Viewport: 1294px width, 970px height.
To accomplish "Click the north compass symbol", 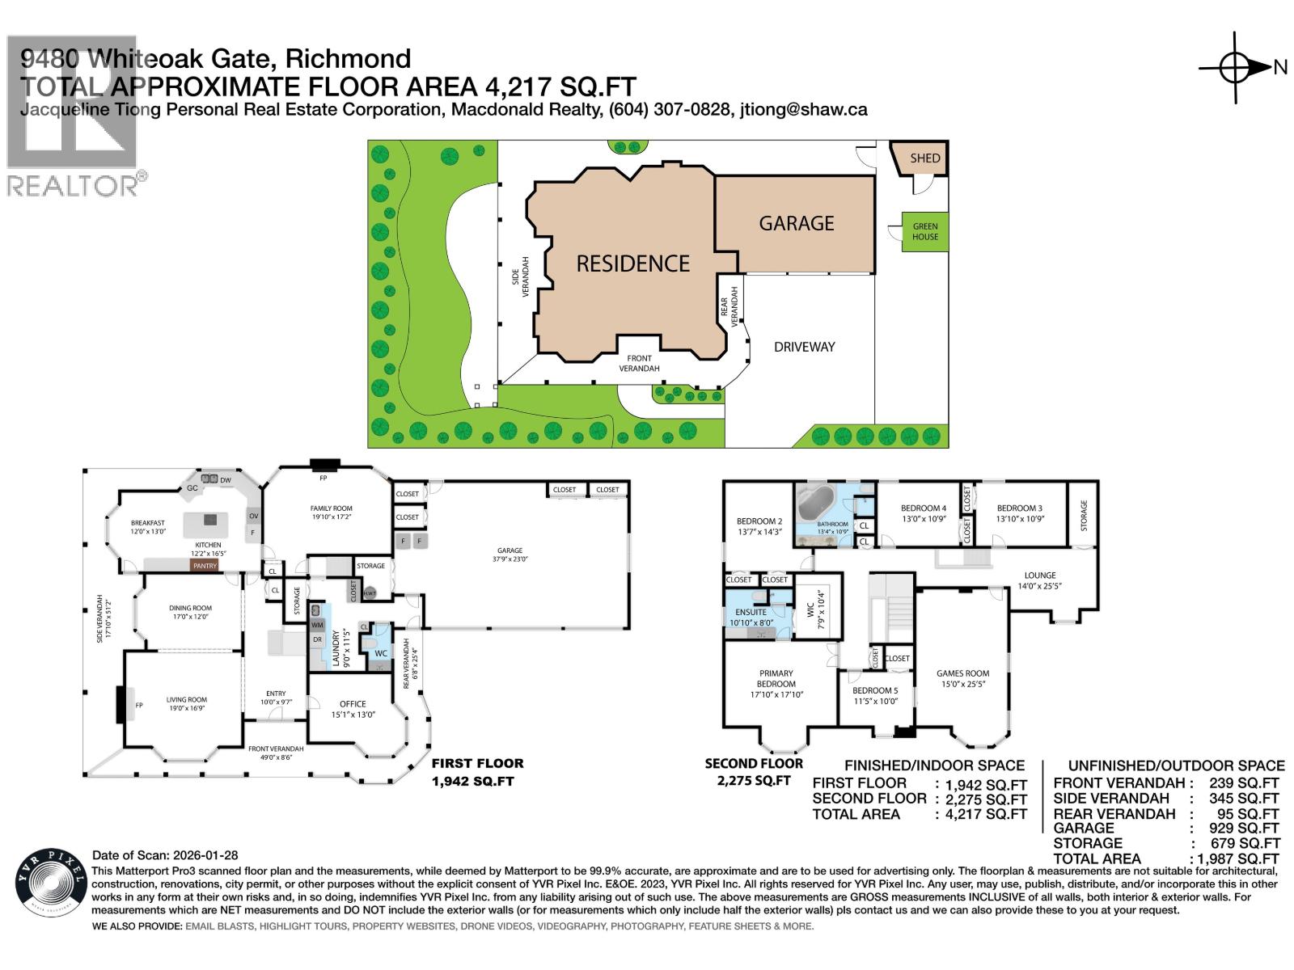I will tap(1235, 68).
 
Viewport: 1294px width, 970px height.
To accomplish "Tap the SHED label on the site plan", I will tap(924, 158).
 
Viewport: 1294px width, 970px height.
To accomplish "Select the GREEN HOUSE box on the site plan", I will tap(925, 231).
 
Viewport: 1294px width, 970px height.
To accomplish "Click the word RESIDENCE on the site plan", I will tap(632, 264).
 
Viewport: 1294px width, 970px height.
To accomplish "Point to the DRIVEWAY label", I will tap(804, 347).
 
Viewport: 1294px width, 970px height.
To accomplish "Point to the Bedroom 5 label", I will tap(875, 690).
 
